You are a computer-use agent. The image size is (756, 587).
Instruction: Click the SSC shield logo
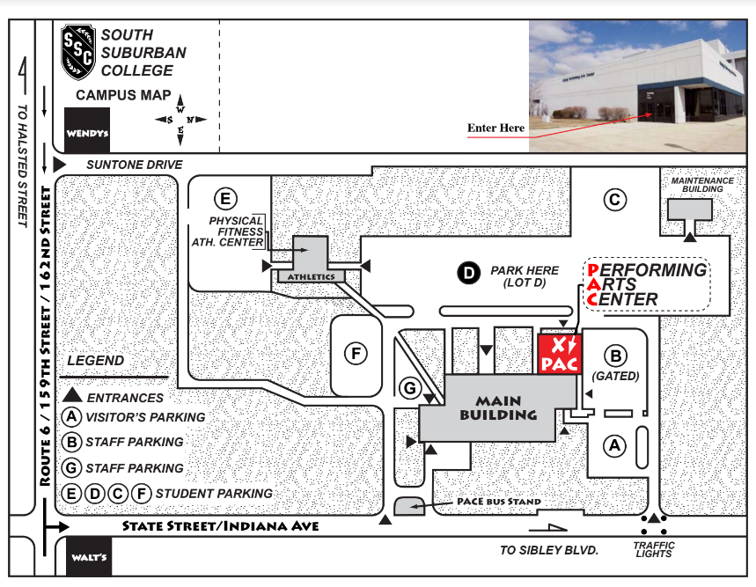click(77, 53)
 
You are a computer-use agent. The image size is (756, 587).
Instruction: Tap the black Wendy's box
click(87, 130)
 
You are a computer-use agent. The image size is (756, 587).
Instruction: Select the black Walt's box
click(90, 557)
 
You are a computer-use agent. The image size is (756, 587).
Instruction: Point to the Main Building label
click(498, 407)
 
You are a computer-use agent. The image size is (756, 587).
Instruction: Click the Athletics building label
click(311, 277)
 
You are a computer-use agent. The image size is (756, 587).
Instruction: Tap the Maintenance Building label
click(702, 185)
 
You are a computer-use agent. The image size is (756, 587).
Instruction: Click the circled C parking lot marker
click(614, 200)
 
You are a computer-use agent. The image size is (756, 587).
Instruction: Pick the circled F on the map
click(356, 354)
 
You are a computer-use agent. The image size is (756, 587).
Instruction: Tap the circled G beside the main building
click(408, 388)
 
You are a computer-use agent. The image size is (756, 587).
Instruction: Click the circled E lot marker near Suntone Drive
click(226, 196)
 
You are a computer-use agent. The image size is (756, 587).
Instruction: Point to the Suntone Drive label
click(135, 165)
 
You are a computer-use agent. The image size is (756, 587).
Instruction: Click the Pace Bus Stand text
click(499, 502)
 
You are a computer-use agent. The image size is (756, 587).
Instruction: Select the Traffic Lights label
click(654, 549)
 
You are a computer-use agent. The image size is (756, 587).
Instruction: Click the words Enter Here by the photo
click(495, 128)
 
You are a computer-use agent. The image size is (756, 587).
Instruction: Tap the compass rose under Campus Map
click(181, 120)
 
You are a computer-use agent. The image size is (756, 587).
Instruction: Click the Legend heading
click(96, 361)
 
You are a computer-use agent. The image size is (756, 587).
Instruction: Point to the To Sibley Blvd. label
click(548, 550)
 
